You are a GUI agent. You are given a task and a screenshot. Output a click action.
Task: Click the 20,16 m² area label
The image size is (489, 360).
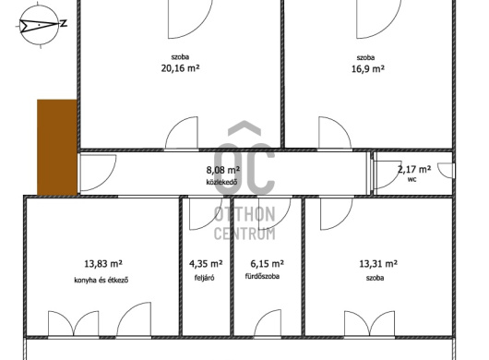pyautogui.click(x=180, y=68)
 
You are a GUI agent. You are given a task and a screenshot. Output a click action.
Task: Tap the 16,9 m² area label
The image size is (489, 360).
pyautogui.click(x=368, y=68)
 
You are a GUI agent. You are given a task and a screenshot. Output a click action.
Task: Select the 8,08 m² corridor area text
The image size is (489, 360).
pyautogui.click(x=223, y=170)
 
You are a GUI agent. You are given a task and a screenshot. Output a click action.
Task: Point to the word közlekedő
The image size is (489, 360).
pyautogui.click(x=221, y=182)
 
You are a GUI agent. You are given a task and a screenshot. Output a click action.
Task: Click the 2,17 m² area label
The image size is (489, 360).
pyautogui.click(x=414, y=170)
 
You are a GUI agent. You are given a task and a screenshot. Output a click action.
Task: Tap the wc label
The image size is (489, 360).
pyautogui.click(x=412, y=180)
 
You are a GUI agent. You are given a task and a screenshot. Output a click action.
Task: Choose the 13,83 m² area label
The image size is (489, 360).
pyautogui.click(x=103, y=264)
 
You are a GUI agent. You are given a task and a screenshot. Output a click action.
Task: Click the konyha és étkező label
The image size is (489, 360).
pyautogui.click(x=101, y=280)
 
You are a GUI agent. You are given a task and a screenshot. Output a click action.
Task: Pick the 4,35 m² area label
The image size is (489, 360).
pyautogui.click(x=206, y=264)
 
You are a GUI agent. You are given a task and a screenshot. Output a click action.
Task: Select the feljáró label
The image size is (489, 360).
pyautogui.click(x=204, y=278)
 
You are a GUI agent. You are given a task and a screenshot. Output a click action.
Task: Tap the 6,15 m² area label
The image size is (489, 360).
pyautogui.click(x=268, y=264)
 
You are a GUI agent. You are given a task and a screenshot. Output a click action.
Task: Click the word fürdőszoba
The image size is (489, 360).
pyautogui.click(x=262, y=276)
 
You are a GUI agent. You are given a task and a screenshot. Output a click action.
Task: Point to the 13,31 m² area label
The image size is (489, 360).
pyautogui.click(x=378, y=264)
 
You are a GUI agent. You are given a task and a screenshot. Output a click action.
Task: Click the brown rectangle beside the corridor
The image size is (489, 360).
pyautogui.click(x=57, y=148)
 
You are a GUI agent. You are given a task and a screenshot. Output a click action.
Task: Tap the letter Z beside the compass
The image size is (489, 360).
pyautogui.click(x=64, y=23)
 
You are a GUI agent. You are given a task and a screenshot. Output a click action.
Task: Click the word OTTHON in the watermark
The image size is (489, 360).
pyautogui.click(x=244, y=214)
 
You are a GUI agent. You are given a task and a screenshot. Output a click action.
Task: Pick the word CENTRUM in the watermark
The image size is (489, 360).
pyautogui.click(x=244, y=234)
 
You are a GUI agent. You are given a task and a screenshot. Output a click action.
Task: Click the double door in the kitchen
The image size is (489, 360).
pyautogui.click(x=74, y=323)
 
